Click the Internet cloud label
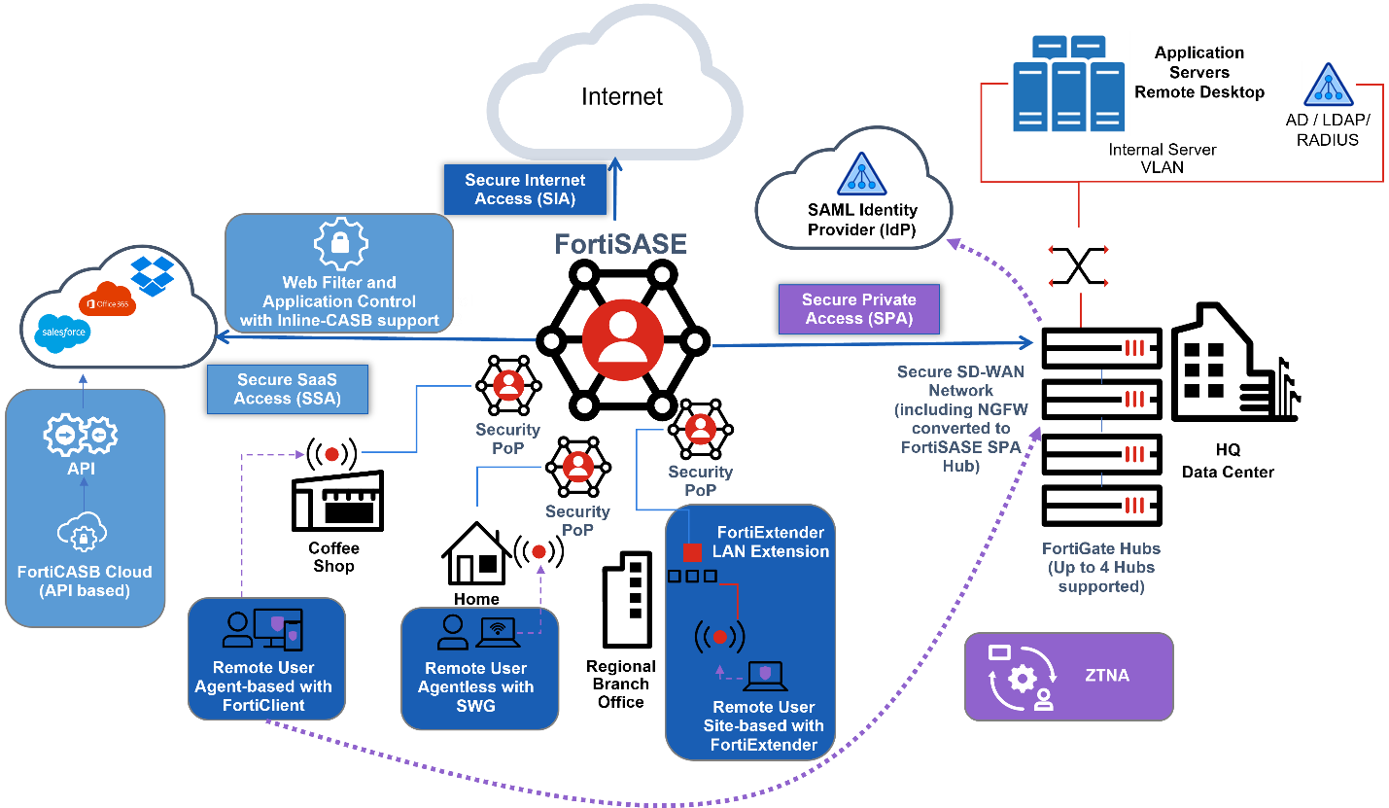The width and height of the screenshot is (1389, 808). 622,97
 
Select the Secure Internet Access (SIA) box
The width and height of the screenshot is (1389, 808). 525,190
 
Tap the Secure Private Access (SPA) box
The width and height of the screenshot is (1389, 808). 858,308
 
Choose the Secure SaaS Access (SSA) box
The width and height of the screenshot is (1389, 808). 287,389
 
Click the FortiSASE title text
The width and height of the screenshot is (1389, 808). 621,243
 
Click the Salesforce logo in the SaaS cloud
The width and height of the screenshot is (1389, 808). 64,332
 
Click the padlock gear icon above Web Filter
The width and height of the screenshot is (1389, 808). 339,243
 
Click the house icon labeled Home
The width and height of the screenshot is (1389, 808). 476,554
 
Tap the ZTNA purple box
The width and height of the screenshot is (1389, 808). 1068,676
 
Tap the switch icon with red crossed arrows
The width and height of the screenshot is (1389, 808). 1079,266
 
